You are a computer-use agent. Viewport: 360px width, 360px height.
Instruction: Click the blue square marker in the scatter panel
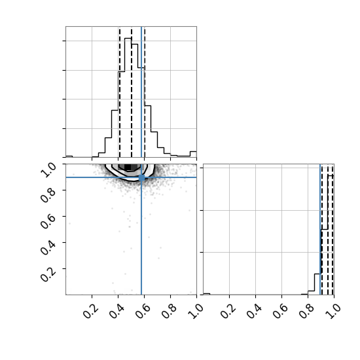point(141,177)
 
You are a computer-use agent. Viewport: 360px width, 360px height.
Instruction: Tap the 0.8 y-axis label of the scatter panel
point(48,196)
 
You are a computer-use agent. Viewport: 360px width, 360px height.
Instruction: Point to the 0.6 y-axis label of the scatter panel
point(48,221)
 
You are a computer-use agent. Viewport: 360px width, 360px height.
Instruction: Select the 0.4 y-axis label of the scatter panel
point(48,247)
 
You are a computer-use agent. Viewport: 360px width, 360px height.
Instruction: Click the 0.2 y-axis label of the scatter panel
point(48,274)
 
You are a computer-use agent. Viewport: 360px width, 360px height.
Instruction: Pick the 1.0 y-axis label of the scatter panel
point(48,170)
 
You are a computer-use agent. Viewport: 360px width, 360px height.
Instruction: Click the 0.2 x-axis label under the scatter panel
point(90,312)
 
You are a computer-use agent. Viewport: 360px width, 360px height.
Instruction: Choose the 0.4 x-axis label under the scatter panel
point(117,312)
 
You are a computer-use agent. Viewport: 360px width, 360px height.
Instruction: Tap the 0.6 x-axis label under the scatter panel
point(143,312)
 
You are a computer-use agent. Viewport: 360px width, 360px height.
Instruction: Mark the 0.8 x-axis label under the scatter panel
point(169,312)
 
